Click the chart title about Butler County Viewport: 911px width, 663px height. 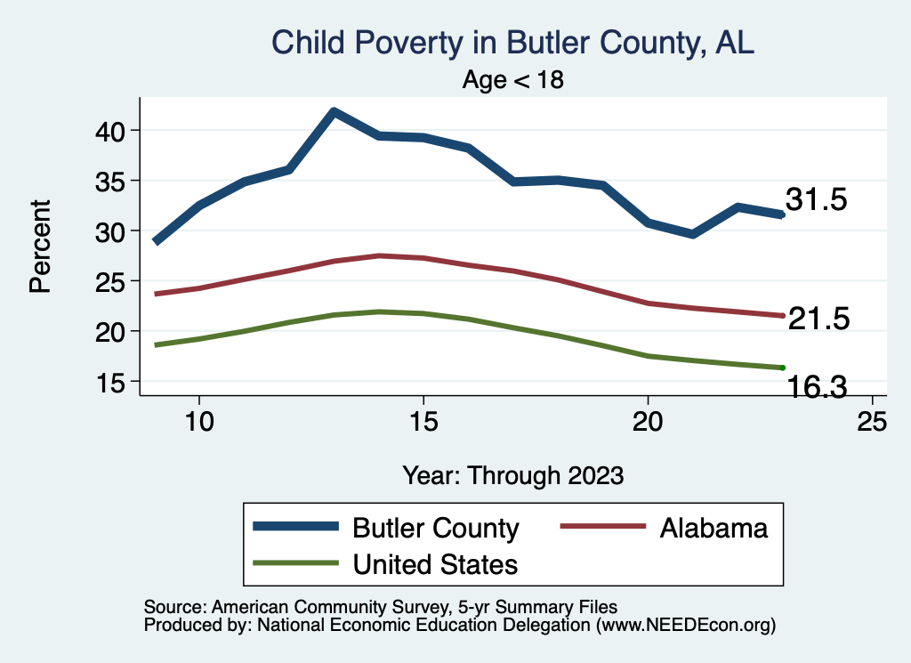click(x=512, y=43)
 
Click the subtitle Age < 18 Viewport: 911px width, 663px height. click(x=513, y=80)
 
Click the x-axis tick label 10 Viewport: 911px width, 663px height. click(x=199, y=421)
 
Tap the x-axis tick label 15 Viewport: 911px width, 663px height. click(x=423, y=421)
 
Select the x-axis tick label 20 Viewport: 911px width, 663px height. click(x=648, y=421)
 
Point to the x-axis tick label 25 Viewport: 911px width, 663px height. click(x=872, y=421)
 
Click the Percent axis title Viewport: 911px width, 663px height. click(x=40, y=247)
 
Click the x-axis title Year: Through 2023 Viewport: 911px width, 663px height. click(x=512, y=474)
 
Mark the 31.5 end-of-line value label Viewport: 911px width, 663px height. click(x=815, y=200)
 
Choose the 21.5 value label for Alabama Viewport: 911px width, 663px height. click(x=819, y=319)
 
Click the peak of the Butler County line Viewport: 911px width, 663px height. click(x=333, y=112)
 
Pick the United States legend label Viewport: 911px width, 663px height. click(x=435, y=563)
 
